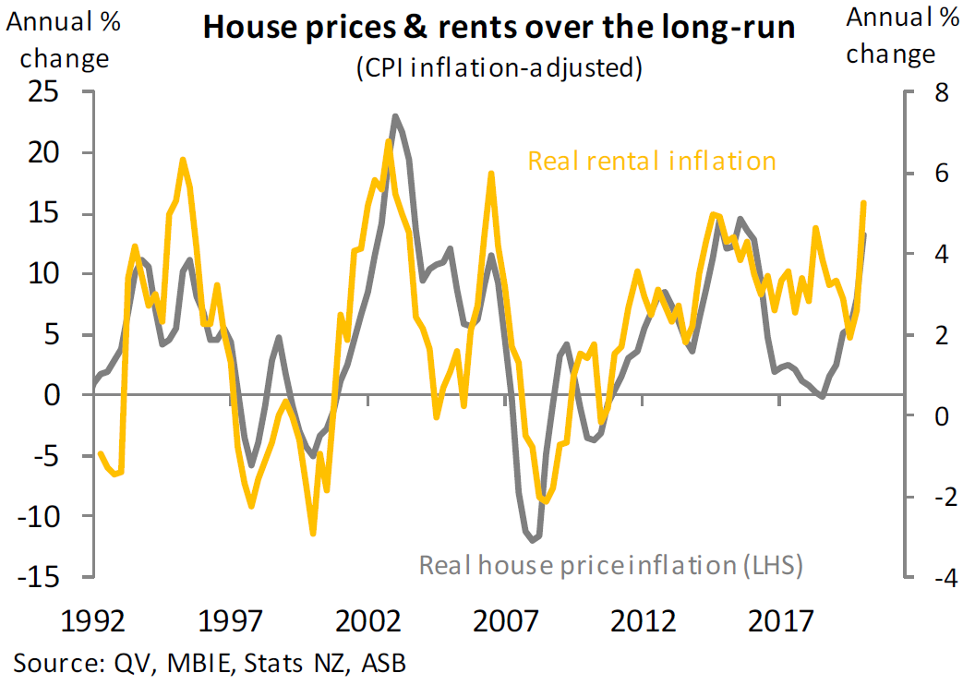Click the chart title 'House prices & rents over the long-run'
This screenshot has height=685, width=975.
500,27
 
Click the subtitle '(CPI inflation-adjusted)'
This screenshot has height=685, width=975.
500,67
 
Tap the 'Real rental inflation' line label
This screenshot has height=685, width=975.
652,161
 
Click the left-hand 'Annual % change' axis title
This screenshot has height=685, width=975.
64,42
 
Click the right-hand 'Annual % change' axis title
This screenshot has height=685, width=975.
891,37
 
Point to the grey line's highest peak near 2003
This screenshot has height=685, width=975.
395,116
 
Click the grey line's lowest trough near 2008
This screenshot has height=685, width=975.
534,539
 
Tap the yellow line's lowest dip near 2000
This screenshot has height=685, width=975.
313,533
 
